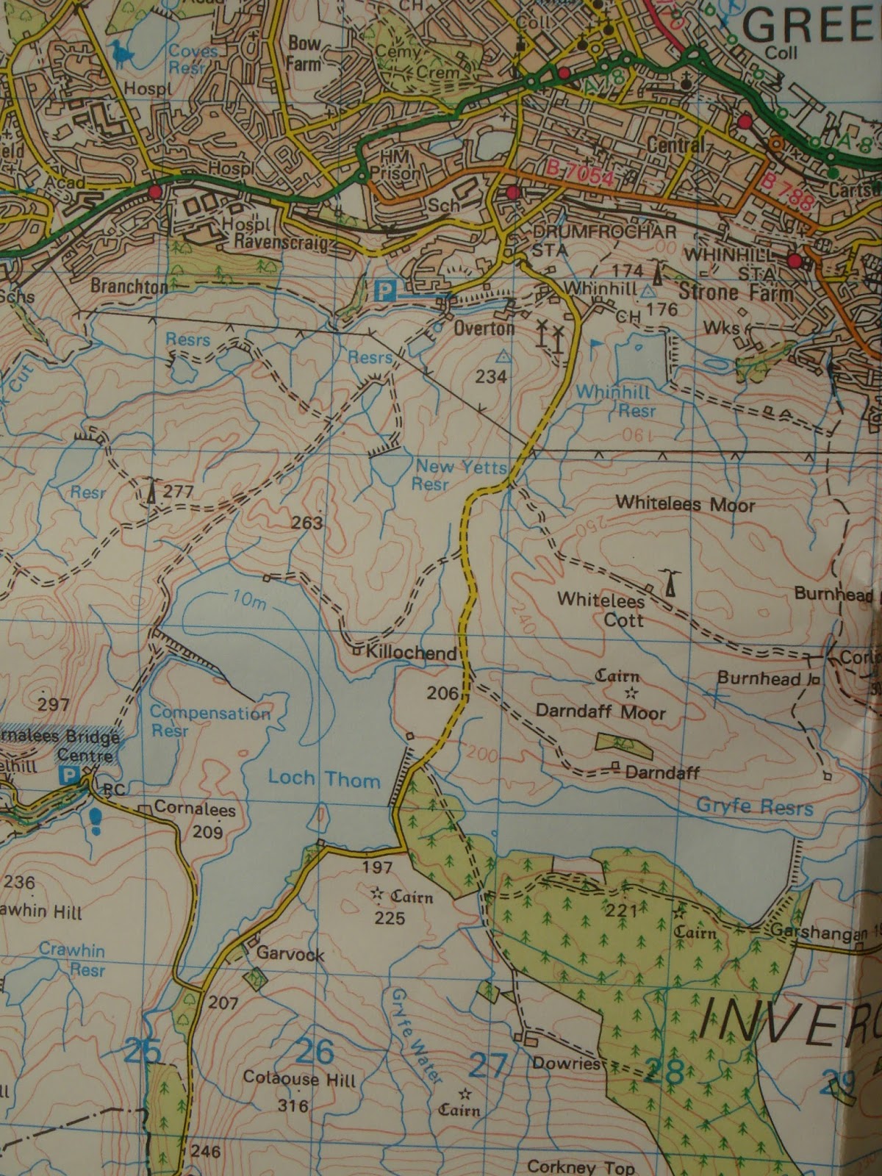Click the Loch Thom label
(x=323, y=778)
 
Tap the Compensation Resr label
(x=209, y=721)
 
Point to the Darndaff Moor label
(x=600, y=711)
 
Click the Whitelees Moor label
(x=685, y=505)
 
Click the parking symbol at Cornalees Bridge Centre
(x=69, y=775)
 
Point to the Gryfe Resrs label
(x=754, y=807)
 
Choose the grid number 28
(x=664, y=1071)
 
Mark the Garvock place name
(x=290, y=954)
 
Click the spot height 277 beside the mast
(x=178, y=491)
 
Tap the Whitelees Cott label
(x=601, y=609)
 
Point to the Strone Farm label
(x=736, y=291)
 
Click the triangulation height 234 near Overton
(x=491, y=376)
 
